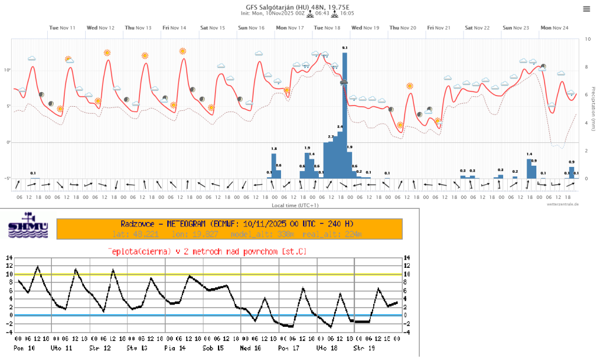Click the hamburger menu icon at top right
tap(586, 9)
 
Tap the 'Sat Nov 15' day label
tap(213, 27)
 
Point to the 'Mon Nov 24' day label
tap(553, 27)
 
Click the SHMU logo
tap(27, 228)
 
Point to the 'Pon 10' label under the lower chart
tap(22, 348)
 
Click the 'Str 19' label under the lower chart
tap(362, 348)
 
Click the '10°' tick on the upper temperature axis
tap(7, 70)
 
